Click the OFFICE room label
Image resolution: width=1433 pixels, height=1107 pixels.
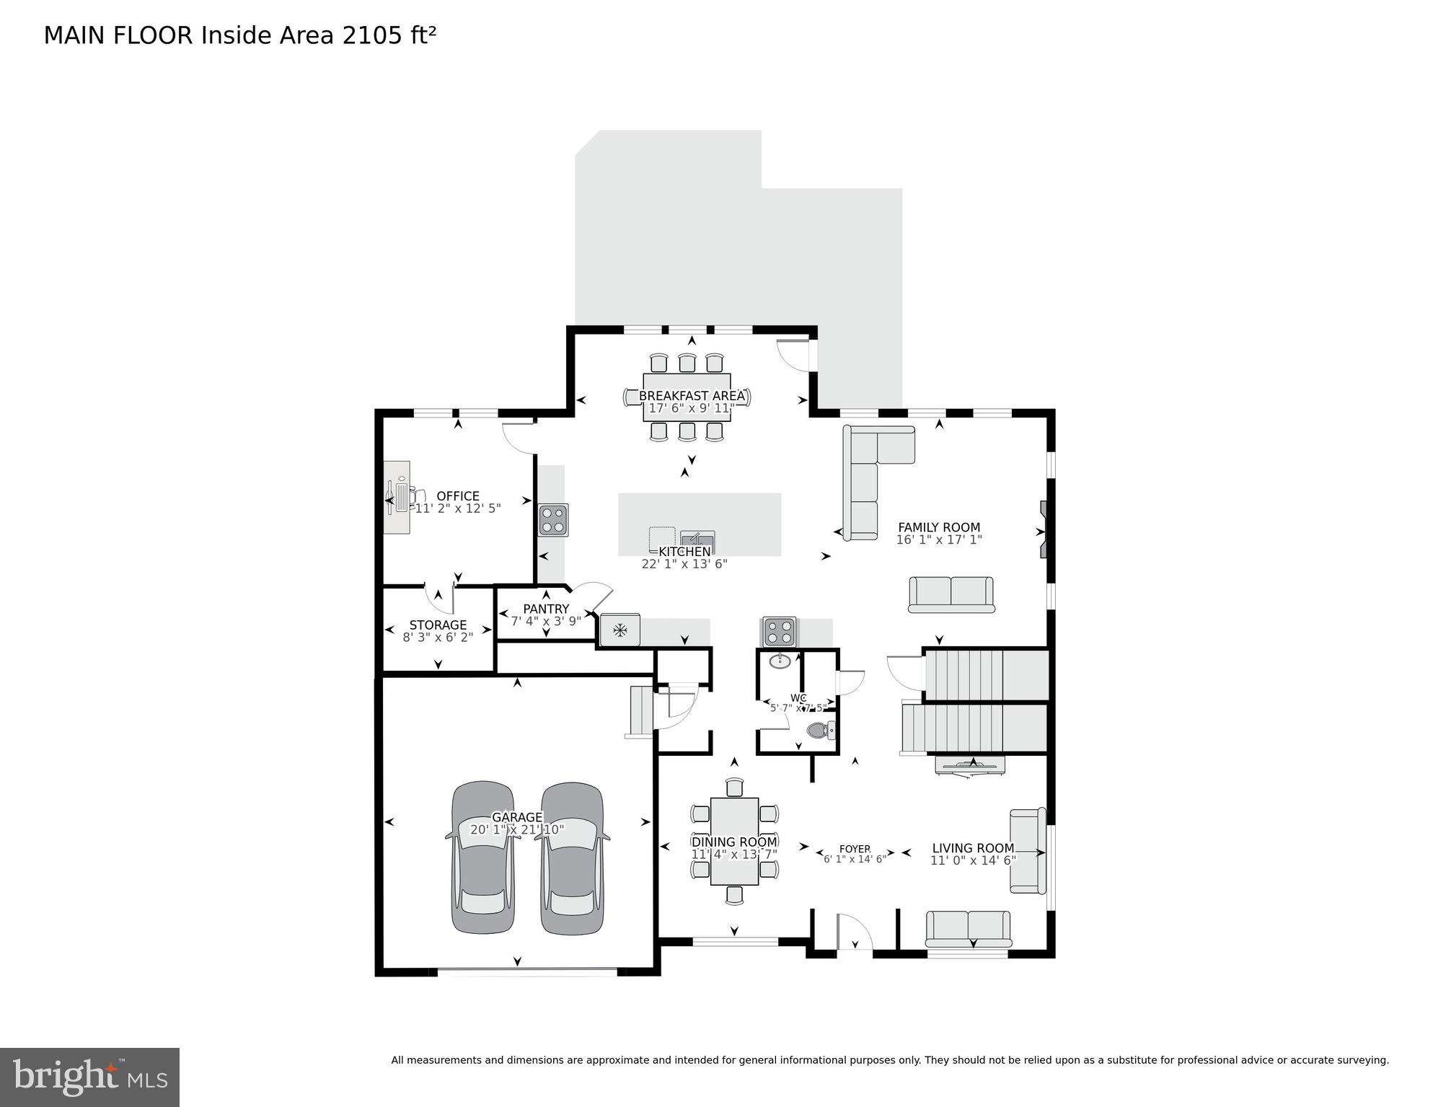pos(458,496)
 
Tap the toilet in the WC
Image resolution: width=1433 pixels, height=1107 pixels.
pos(818,731)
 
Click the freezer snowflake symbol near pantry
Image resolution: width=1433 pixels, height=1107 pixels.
pos(620,630)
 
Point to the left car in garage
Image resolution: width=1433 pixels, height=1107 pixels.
pos(484,857)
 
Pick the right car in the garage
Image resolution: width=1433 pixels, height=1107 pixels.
pos(573,857)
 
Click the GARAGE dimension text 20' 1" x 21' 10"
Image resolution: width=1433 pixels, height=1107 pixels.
pos(517,830)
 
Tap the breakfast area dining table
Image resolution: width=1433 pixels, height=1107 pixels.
pos(687,397)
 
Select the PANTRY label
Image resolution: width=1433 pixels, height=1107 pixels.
pos(546,609)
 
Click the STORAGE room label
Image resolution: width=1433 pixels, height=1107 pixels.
pos(438,625)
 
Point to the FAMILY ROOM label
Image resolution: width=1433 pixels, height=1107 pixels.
pos(938,528)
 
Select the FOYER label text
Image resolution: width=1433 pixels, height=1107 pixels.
pos(855,849)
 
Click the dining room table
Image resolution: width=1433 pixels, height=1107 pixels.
pos(734,841)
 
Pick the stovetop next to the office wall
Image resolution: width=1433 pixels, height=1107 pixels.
pos(553,519)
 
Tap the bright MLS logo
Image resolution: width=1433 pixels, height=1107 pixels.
pos(89,1077)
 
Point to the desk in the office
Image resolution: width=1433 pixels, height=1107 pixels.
pos(397,498)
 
